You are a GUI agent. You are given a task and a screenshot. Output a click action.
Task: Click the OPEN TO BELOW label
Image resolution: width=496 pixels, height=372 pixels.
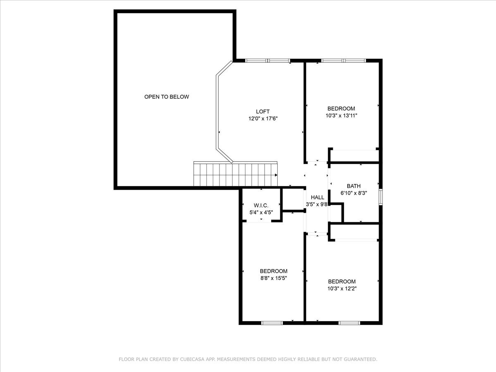167,97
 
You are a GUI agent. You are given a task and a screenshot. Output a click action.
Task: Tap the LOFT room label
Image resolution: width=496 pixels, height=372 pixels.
262,112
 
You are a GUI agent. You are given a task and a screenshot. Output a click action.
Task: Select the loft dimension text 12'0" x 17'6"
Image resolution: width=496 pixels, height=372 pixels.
262,119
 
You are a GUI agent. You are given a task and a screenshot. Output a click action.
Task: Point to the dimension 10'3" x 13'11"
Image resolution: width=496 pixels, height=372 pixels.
341,116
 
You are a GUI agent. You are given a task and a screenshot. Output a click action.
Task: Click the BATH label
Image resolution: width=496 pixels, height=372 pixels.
353,186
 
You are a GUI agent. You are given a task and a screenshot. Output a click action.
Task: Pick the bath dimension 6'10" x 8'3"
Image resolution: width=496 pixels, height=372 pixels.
354,193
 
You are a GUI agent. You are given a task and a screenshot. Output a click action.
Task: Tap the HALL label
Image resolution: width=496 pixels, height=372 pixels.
317,198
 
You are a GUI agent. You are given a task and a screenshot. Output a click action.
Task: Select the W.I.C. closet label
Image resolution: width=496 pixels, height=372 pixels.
261,205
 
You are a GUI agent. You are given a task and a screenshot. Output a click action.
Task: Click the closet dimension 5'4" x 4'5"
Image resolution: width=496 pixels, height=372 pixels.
261,212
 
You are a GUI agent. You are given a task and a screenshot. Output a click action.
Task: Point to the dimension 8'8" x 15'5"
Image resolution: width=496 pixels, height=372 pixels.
273,278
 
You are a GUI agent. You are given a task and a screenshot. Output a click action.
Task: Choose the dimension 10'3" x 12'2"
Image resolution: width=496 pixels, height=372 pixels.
341,289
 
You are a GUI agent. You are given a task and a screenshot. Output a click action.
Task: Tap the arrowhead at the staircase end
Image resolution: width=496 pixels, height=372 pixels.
276,175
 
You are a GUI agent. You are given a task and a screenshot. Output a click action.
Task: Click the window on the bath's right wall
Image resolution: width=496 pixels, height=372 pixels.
380,196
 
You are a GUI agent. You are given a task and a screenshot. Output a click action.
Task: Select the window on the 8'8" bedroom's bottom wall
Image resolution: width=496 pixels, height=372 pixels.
272,322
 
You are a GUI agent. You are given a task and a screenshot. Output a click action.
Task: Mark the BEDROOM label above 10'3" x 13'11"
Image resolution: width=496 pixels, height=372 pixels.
341,109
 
